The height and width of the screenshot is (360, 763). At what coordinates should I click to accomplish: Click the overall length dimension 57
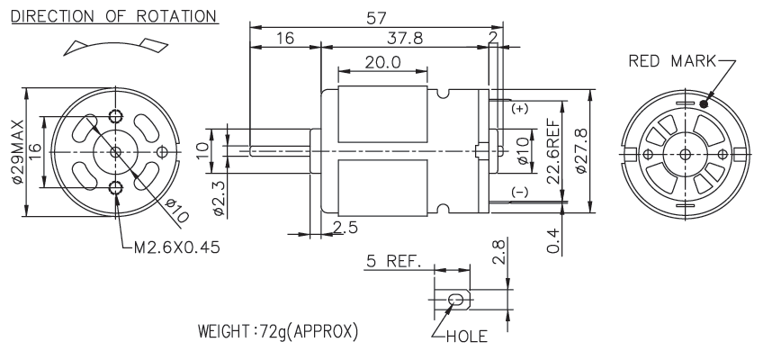379,16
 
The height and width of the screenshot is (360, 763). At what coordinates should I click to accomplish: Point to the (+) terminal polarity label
519,109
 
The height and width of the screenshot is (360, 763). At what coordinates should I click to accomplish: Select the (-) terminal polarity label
519,193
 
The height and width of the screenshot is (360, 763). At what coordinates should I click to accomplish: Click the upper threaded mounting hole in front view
115,114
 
